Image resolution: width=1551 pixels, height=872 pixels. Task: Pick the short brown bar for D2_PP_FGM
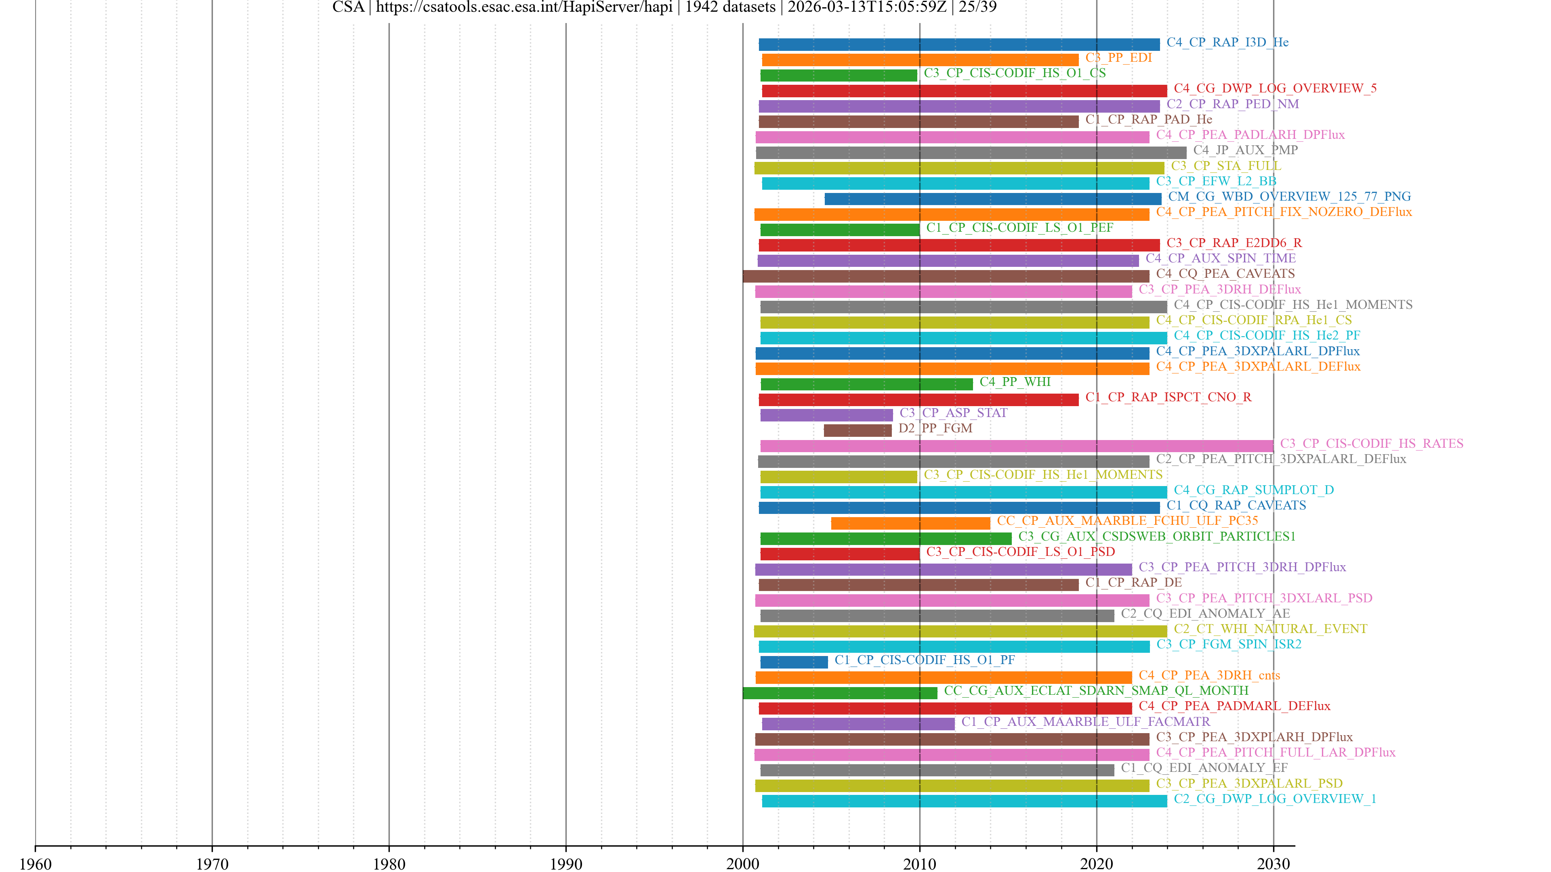tap(857, 430)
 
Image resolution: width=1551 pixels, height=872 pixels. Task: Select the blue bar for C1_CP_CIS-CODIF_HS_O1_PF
tap(794, 662)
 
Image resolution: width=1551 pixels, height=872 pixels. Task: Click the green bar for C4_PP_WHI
tap(866, 384)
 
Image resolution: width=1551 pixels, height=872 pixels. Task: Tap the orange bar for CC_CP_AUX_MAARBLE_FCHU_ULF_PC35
tap(910, 523)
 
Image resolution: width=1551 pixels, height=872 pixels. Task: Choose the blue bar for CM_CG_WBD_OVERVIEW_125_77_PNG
tap(993, 199)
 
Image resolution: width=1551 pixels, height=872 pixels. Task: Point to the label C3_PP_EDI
tap(1118, 58)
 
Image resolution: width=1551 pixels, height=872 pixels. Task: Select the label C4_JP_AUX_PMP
tap(1245, 150)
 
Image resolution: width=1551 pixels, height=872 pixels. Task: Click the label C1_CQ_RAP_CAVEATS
tap(1236, 505)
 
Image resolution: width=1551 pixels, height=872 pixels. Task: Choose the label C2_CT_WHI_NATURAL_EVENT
tap(1270, 629)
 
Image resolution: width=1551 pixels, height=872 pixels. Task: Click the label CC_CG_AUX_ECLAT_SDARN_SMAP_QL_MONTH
tap(1096, 690)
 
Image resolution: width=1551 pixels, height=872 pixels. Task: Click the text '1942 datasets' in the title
tap(730, 7)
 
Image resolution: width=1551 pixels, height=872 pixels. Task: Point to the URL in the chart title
tap(524, 7)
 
